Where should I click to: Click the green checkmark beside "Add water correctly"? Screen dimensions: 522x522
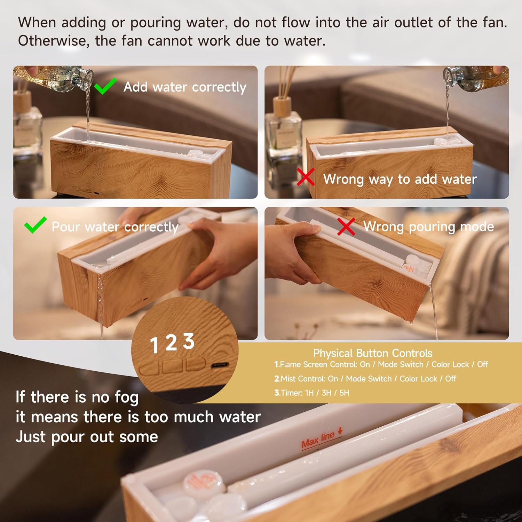(x=105, y=86)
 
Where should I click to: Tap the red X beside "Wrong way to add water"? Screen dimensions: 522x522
(x=306, y=177)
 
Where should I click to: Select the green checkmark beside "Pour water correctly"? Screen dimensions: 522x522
(x=35, y=225)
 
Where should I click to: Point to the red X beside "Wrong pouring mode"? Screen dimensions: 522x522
(x=346, y=227)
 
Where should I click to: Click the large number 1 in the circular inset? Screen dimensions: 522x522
(x=154, y=345)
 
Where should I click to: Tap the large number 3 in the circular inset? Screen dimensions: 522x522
(x=189, y=341)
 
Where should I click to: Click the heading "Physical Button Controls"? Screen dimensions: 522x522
(x=373, y=353)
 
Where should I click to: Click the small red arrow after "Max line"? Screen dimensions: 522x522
(x=340, y=430)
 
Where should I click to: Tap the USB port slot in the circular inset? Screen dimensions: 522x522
(x=220, y=365)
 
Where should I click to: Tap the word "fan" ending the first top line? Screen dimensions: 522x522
(x=495, y=22)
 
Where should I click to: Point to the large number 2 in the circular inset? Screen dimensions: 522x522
(x=171, y=343)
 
